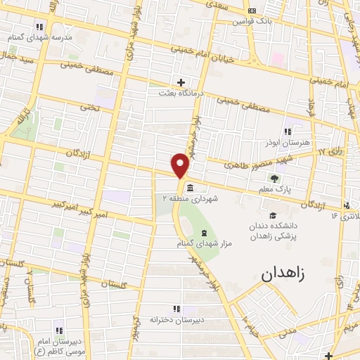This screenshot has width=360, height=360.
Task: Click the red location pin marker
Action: click(x=181, y=166)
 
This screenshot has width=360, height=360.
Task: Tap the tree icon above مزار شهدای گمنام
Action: click(x=204, y=233)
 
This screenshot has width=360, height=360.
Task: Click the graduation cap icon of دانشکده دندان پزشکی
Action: click(x=271, y=217)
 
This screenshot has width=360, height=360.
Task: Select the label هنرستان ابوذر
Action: click(x=287, y=143)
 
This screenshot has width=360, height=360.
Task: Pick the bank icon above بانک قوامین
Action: click(x=252, y=11)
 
